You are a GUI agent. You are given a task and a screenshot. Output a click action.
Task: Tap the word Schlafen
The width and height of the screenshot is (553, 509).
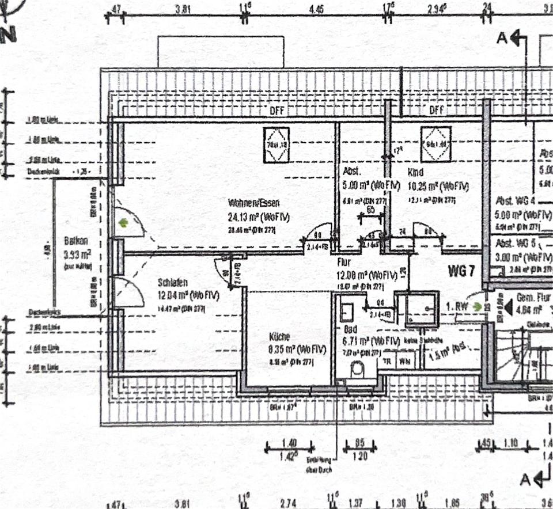(x=173, y=283)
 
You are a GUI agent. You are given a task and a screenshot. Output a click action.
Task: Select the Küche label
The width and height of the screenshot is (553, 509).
(x=279, y=337)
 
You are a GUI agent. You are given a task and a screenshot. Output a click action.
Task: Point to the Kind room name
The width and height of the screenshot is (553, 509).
(x=416, y=172)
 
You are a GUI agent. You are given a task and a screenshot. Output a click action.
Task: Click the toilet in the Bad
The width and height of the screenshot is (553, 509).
(x=357, y=368)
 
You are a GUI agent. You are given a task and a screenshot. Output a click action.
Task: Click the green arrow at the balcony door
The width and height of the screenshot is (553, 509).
(x=122, y=223)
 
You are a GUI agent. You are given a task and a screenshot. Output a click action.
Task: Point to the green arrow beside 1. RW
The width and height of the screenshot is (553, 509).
(x=476, y=307)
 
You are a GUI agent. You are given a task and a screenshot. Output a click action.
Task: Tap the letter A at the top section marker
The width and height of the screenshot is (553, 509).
(x=502, y=39)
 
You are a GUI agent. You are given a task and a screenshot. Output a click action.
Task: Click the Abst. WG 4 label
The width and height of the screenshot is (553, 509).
(x=516, y=201)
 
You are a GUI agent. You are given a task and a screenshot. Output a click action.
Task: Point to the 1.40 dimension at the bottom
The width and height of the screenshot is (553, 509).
(x=289, y=443)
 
